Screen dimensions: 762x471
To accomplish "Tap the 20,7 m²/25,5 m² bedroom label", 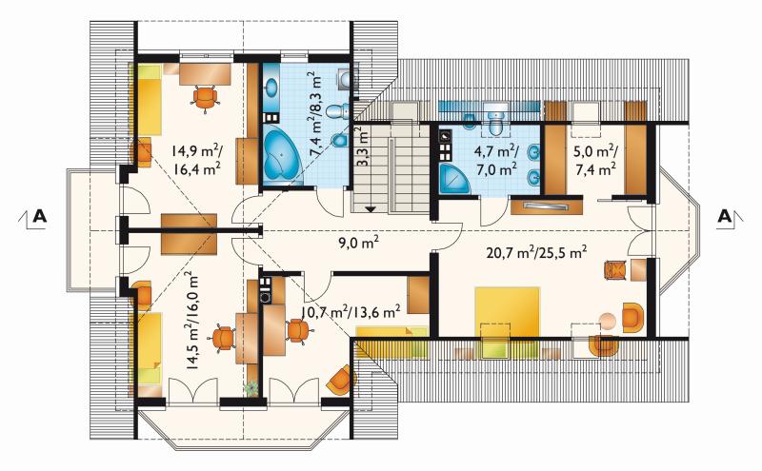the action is (536, 251).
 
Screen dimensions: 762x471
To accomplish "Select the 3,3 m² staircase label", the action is (362, 147).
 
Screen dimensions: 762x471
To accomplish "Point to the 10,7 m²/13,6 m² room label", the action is (351, 311).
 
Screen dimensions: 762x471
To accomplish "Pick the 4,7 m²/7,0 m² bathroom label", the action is (495, 160).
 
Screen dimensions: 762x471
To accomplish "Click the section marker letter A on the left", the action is (40, 216).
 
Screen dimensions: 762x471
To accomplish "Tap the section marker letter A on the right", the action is (724, 216).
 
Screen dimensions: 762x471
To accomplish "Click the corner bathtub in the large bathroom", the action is (282, 156).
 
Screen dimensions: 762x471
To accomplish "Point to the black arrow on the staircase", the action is (371, 209).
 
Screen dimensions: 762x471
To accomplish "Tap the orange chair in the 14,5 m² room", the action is (223, 338).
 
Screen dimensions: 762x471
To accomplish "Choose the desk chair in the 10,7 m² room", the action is (298, 330).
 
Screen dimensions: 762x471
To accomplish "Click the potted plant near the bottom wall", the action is (251, 387).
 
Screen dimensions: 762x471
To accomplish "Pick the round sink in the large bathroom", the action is (271, 88).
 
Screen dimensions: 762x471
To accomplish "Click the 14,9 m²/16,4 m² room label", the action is (196, 160).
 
